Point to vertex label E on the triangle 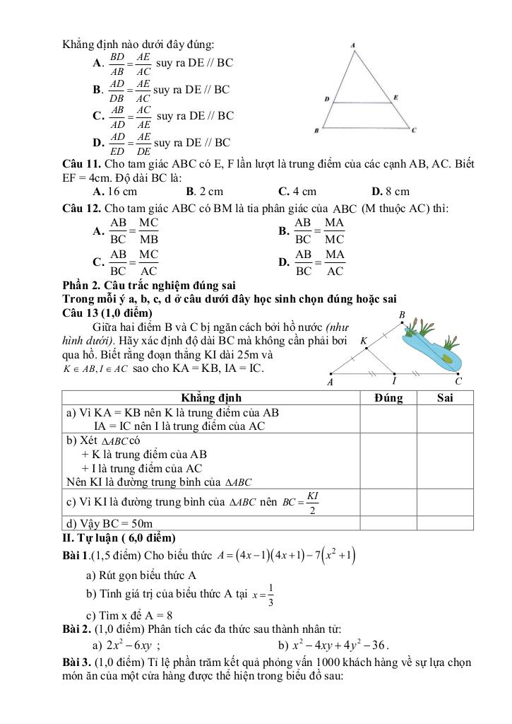point(395,97)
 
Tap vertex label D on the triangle point(326,100)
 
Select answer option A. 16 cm point(115,191)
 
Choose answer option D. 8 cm point(390,191)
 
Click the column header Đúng point(388,398)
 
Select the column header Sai point(445,398)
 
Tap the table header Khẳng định point(211,398)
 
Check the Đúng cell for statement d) point(388,523)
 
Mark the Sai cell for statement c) point(445,502)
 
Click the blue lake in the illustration point(429,350)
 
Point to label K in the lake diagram point(364,341)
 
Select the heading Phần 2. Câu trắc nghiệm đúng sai point(148,286)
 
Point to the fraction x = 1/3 point(263,595)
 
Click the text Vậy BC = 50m point(109,524)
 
